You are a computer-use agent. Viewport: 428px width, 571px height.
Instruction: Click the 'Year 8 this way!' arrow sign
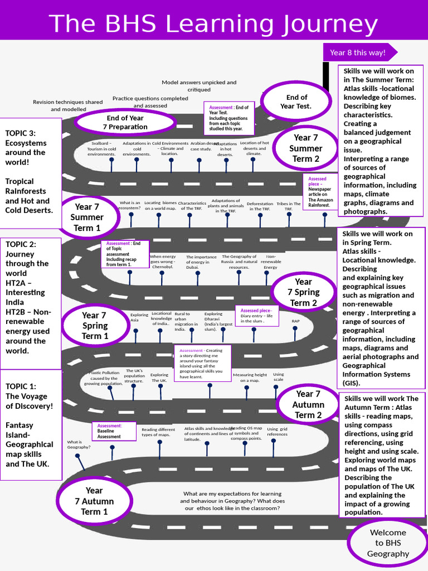(x=359, y=52)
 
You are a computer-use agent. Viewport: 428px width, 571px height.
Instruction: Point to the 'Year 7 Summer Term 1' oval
(x=86, y=217)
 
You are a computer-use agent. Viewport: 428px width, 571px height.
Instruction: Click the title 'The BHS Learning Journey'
(x=213, y=24)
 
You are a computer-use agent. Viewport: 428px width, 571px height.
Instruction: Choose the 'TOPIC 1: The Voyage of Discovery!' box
(x=30, y=424)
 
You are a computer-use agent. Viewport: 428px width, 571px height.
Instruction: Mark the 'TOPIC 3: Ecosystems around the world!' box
(x=30, y=173)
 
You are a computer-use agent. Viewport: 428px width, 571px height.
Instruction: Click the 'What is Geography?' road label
(x=79, y=444)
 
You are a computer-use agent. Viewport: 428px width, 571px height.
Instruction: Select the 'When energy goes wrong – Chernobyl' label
(x=163, y=262)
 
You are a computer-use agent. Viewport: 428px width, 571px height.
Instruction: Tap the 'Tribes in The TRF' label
(x=288, y=206)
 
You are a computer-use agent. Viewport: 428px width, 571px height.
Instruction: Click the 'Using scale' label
(x=278, y=377)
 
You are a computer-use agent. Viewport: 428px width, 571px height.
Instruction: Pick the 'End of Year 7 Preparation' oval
(x=125, y=122)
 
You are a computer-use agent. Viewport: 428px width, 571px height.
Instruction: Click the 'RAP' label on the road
(x=295, y=321)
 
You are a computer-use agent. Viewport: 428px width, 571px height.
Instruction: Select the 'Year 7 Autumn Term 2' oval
(x=308, y=404)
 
